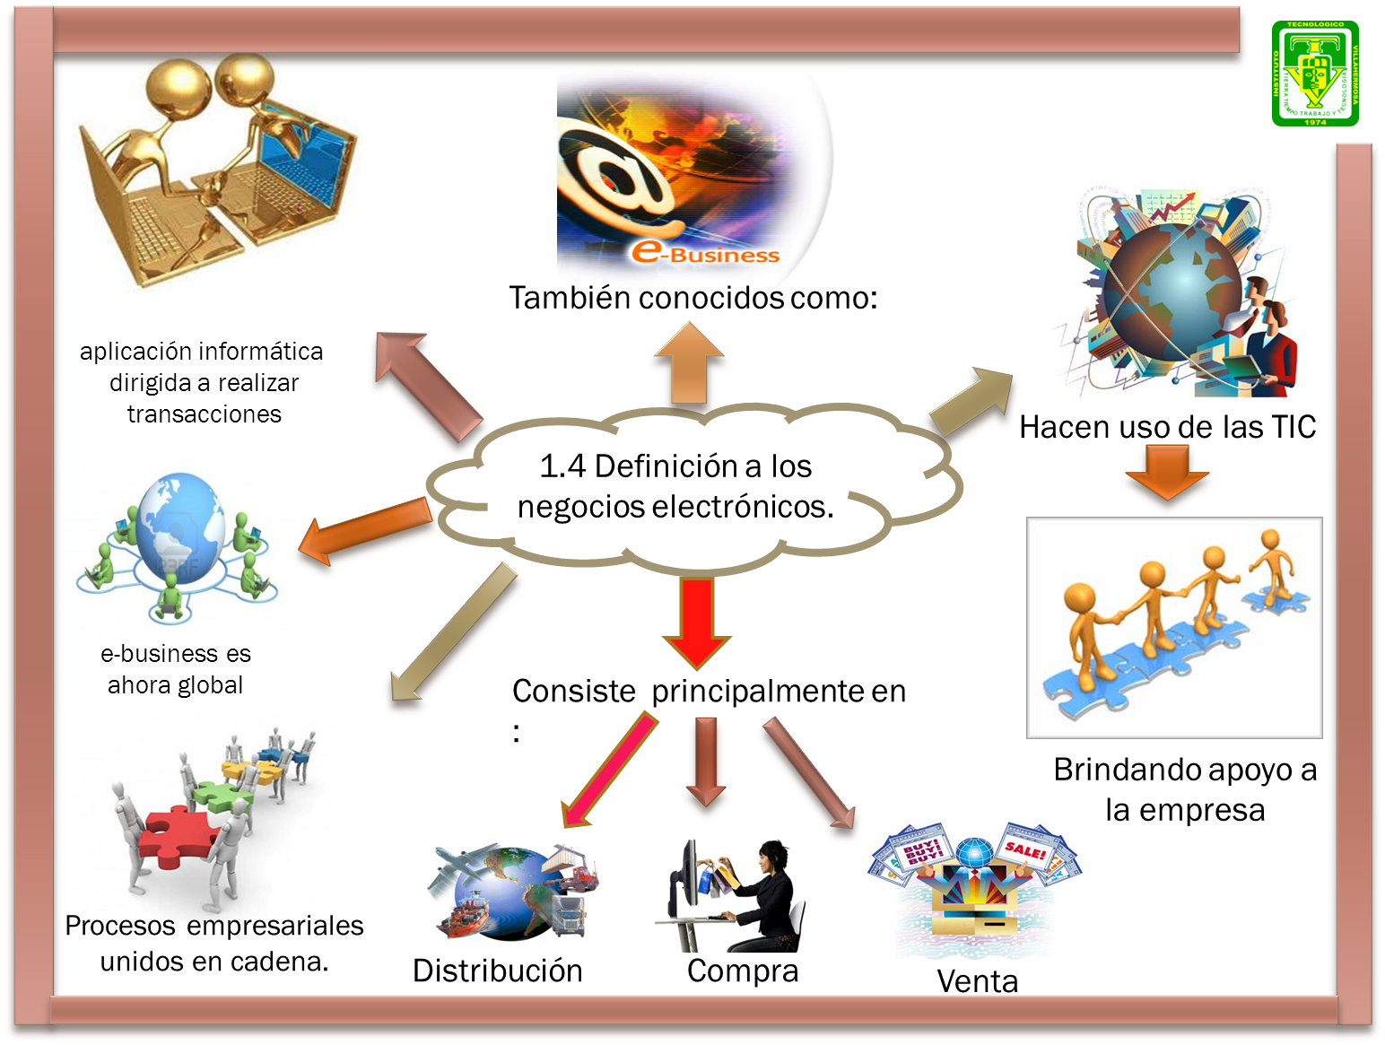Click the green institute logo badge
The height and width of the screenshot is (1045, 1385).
point(1314,74)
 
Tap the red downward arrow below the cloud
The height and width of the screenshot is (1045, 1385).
point(697,620)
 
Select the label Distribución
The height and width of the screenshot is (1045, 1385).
point(497,971)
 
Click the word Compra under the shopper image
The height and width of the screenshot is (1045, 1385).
point(742,971)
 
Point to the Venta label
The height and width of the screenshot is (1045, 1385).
point(977,980)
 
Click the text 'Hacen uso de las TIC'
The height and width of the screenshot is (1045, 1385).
point(1167,427)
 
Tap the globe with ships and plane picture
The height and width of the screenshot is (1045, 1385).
point(513,891)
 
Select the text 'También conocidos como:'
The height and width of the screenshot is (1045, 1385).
point(692,298)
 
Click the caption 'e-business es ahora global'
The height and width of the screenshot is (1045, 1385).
point(176,669)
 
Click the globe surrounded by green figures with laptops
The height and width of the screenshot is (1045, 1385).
point(179,543)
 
